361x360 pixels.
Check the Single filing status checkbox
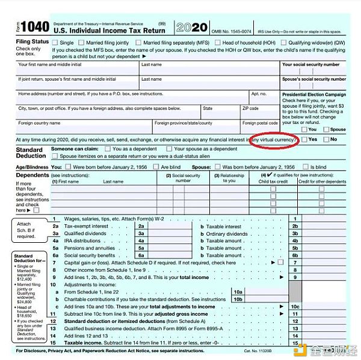55,43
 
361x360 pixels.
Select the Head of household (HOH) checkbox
217,43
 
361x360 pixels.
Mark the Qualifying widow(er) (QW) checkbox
283,43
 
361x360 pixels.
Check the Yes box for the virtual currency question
304,139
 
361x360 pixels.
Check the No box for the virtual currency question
326,139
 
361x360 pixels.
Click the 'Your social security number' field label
312,64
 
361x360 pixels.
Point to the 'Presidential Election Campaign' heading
314,94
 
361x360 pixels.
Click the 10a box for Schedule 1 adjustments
238,291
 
